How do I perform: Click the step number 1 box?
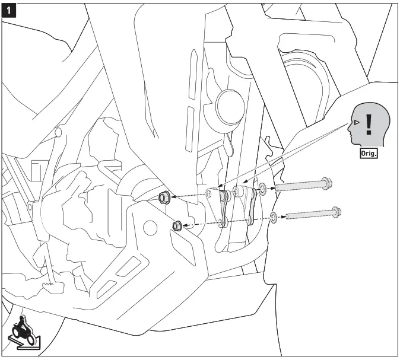tap(10, 10)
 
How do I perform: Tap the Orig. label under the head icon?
tap(369, 152)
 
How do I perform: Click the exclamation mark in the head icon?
tap(369, 123)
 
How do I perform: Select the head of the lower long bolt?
tap(336, 211)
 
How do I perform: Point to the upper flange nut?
tap(164, 196)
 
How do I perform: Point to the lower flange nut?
tap(176, 225)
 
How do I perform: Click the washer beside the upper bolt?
tap(262, 189)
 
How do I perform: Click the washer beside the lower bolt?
tap(273, 217)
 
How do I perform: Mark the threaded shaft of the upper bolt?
tap(297, 186)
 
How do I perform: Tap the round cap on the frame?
tap(227, 104)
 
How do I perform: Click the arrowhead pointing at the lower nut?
tap(186, 225)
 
